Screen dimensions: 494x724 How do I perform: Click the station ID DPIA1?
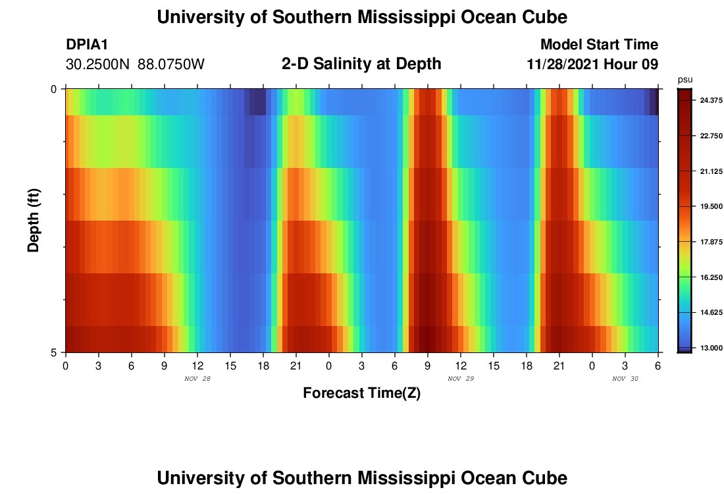tap(87, 45)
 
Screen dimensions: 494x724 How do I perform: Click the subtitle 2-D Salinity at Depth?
tap(361, 64)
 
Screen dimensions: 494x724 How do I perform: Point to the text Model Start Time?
tap(599, 45)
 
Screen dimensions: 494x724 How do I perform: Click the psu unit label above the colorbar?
tap(685, 79)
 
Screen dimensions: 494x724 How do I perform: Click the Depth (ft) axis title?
tap(34, 220)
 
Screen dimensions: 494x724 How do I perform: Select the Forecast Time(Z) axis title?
tap(361, 393)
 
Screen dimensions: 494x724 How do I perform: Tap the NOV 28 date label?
tap(197, 379)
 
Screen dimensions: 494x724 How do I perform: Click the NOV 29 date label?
tap(461, 379)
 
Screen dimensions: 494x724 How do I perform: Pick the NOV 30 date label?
tap(625, 379)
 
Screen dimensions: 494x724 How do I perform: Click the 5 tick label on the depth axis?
tap(53, 352)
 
